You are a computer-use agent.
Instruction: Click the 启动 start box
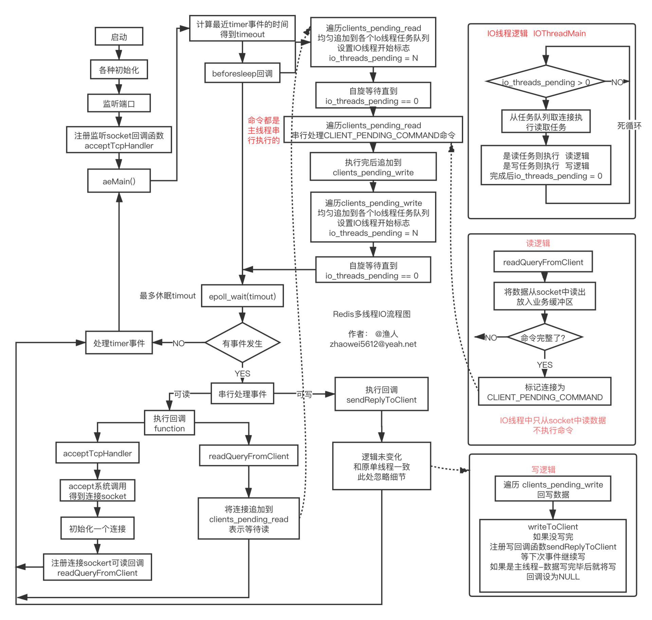tap(119, 36)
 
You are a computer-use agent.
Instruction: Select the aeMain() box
tap(119, 181)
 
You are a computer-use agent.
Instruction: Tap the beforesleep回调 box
tap(242, 73)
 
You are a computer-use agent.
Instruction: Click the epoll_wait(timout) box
tap(242, 296)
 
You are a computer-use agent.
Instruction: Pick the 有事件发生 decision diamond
tap(242, 343)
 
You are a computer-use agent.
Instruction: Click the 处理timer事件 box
tap(119, 343)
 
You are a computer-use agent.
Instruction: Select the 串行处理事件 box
tap(242, 393)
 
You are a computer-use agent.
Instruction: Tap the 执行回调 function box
tap(169, 423)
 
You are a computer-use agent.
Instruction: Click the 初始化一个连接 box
tap(97, 528)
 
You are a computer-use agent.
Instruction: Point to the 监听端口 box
tap(119, 103)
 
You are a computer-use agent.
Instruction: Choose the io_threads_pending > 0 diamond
tap(546, 82)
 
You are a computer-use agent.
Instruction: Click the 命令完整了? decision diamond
tap(544, 337)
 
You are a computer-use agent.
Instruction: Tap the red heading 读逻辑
tap(538, 243)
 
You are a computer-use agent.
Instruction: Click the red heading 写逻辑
tap(543, 470)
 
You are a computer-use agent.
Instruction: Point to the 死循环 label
tap(629, 126)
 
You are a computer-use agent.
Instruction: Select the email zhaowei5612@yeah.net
tap(373, 344)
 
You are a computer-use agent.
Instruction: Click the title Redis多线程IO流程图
tap(372, 314)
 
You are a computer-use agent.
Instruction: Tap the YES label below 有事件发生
tap(242, 373)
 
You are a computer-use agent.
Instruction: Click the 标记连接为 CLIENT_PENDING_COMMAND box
tap(544, 391)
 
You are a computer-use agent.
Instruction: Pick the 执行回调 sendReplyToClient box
tap(381, 394)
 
